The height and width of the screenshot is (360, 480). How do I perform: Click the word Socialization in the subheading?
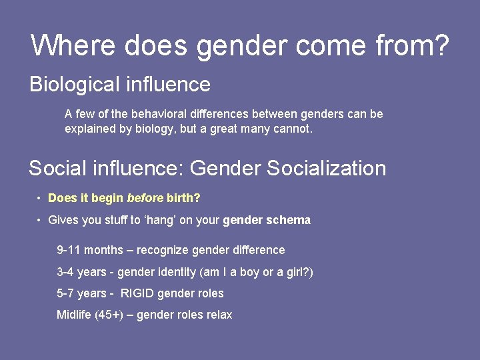click(x=326, y=168)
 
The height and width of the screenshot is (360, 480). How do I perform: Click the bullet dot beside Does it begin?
click(x=39, y=199)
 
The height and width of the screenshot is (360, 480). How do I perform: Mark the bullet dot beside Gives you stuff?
click(x=39, y=220)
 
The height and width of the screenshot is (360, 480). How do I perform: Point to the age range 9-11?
click(x=69, y=251)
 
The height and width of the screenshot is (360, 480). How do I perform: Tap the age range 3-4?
click(x=66, y=272)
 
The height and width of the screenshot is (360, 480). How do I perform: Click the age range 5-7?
click(x=66, y=293)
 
